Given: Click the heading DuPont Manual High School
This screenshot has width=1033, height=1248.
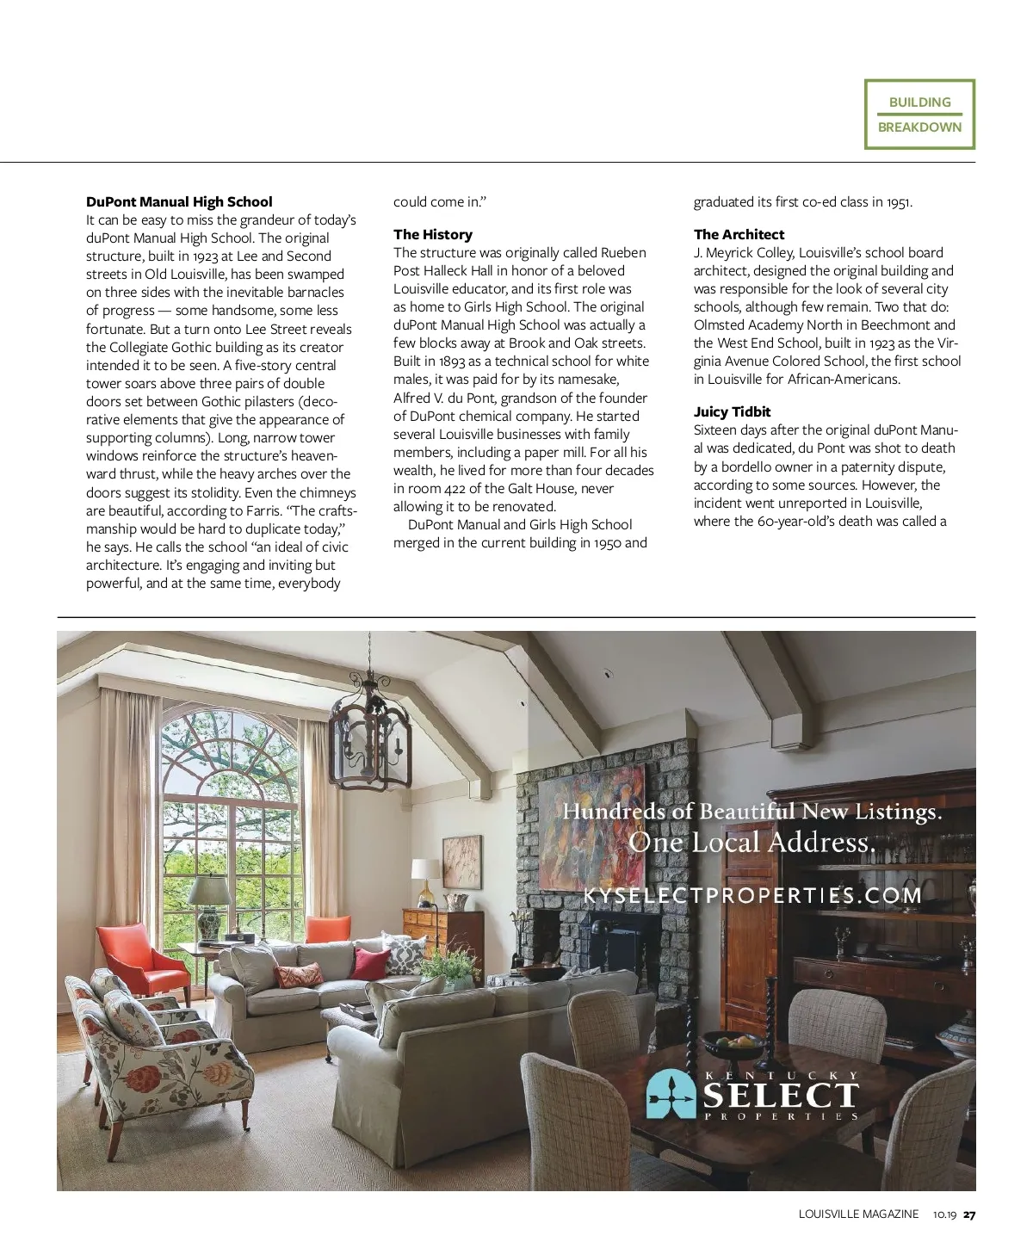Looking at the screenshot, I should click(179, 202).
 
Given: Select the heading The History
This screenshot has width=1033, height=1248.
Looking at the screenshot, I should click(433, 234).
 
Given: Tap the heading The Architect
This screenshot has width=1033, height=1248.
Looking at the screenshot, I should click(739, 234).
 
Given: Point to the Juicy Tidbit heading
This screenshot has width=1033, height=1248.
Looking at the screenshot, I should click(732, 411).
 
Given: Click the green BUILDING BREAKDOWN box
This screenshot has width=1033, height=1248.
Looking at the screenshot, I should click(919, 114).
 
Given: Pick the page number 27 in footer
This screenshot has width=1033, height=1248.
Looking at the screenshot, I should click(969, 1214).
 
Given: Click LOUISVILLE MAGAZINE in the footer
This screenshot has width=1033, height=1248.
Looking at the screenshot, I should click(858, 1214).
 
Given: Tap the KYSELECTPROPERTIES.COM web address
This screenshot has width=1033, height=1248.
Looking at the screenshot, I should click(752, 895).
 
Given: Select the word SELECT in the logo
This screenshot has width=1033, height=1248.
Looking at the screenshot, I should click(781, 1096).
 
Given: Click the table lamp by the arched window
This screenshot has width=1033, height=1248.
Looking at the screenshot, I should click(209, 904).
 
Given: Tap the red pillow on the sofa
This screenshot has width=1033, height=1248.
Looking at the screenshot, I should click(370, 962).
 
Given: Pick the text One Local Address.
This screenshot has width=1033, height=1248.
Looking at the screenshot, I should click(752, 843).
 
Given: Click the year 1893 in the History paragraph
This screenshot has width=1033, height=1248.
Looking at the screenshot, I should click(451, 361).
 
